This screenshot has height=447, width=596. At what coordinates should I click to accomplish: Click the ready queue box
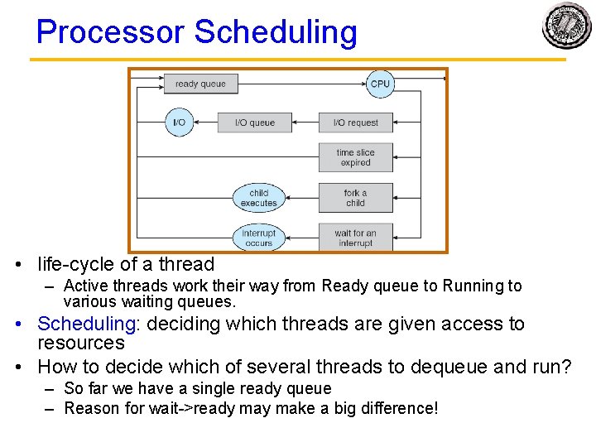coord(200,84)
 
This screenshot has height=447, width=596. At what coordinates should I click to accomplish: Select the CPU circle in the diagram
coord(380,84)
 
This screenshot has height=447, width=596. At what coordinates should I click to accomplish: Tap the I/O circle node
coord(179,123)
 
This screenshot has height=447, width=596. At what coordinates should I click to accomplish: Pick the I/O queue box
coord(255,123)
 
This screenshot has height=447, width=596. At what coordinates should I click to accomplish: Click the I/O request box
coord(356,123)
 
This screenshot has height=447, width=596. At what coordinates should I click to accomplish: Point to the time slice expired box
coord(356,157)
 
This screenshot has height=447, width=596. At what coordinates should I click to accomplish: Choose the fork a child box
coord(356,198)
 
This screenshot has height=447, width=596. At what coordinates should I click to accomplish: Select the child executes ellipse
coord(259,198)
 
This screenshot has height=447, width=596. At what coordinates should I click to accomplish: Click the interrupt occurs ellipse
coord(259,238)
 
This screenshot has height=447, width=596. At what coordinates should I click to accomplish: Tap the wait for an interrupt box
coord(356,238)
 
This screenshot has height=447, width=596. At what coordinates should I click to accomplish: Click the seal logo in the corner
coord(567,26)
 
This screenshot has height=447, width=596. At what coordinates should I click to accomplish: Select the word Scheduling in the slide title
coord(276,32)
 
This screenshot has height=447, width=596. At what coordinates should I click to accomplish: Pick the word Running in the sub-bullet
coord(473,286)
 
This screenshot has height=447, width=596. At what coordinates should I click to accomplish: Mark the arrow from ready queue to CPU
coord(302,84)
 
